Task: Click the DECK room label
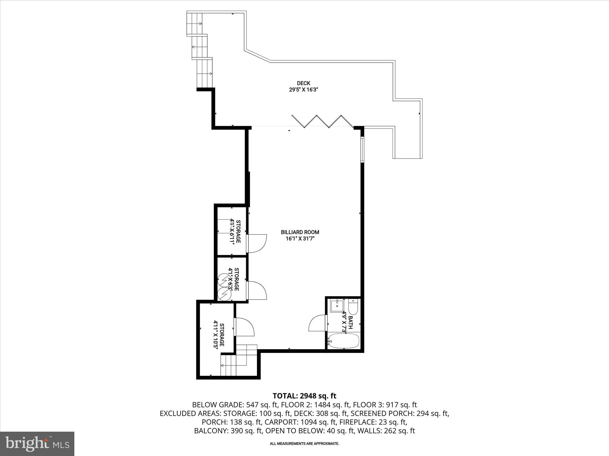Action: pyautogui.click(x=303, y=83)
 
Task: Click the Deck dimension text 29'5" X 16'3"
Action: pyautogui.click(x=303, y=90)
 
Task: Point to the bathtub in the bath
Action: pyautogui.click(x=343, y=342)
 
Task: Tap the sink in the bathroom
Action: pyautogui.click(x=337, y=305)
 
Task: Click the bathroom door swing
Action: pyautogui.click(x=318, y=324)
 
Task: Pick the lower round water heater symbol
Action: pyautogui.click(x=224, y=294)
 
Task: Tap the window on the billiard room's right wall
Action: pyautogui.click(x=362, y=149)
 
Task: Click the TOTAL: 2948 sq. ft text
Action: pyautogui.click(x=304, y=396)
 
